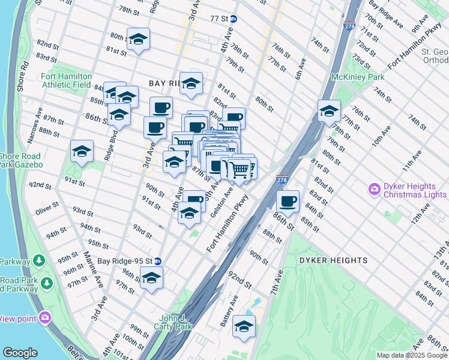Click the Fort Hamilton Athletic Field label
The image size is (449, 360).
point(66,80)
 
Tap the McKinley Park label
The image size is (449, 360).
point(358,77)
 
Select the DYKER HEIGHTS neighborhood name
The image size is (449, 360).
point(340,260)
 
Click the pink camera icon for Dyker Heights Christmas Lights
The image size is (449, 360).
point(375,190)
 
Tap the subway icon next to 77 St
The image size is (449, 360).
point(234,19)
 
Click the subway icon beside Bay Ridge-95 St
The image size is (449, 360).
point(157,261)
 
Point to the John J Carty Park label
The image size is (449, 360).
point(175,322)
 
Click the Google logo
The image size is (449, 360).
point(20,353)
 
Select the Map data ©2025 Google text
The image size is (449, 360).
point(411,355)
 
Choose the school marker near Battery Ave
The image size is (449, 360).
point(244,326)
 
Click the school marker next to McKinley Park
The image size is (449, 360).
point(329,110)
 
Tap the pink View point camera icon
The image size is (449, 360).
point(44,317)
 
